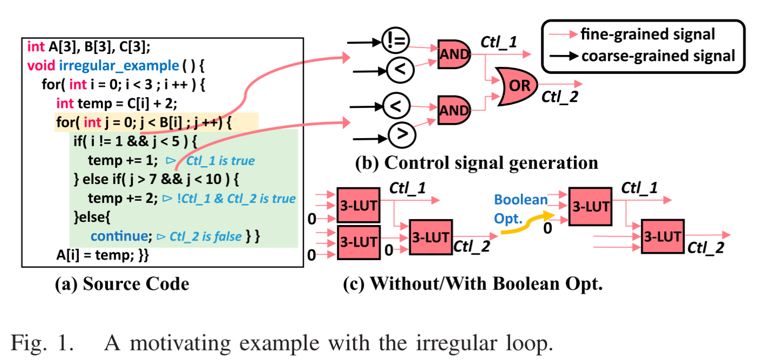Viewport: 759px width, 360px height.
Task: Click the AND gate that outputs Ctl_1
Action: [x=454, y=53]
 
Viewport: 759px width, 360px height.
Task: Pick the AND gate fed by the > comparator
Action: [x=454, y=110]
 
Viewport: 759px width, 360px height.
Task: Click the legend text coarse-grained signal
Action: [x=658, y=55]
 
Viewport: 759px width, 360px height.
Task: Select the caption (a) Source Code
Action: [x=122, y=284]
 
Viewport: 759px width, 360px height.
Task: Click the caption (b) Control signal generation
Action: [x=476, y=162]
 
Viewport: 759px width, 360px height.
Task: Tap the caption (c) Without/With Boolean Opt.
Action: [x=472, y=284]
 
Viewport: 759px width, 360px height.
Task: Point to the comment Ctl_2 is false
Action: [x=205, y=236]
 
